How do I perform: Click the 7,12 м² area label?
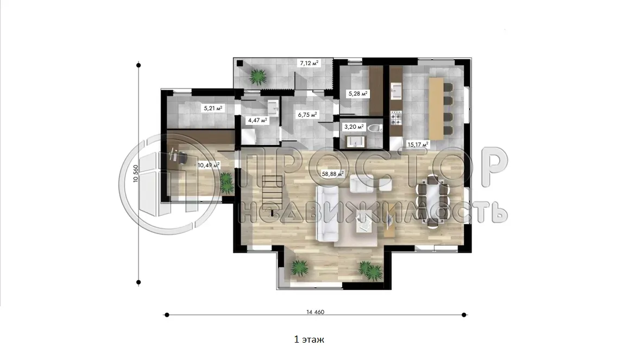(309, 63)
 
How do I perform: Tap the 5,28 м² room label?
(357, 93)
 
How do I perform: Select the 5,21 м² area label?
(213, 108)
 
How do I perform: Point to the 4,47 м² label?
(257, 120)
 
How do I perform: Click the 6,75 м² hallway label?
(308, 115)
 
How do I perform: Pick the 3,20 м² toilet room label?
(354, 127)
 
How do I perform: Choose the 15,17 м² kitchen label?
(417, 144)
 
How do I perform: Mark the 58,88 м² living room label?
(333, 174)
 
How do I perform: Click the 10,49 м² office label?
(209, 165)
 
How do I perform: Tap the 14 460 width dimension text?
(315, 312)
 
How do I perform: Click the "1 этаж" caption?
(309, 339)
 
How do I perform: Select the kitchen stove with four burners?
(396, 118)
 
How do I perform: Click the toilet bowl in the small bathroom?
(374, 128)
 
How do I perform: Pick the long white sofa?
(328, 213)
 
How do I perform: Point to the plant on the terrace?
(257, 76)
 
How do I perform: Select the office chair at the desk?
(180, 156)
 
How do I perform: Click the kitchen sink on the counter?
(397, 90)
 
